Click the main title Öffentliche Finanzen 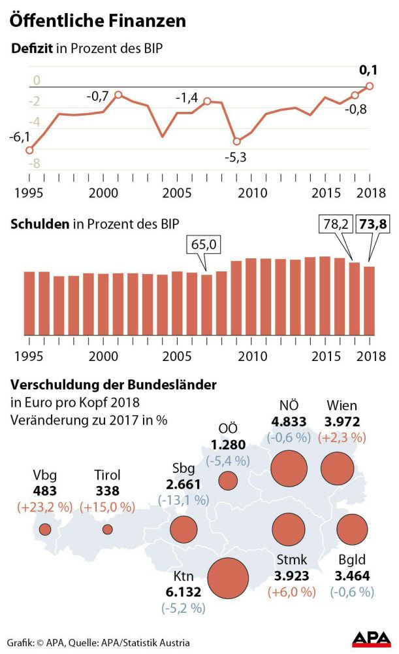pyautogui.click(x=97, y=21)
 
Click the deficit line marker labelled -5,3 pyautogui.click(x=237, y=141)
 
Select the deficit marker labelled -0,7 pyautogui.click(x=118, y=95)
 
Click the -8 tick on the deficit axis pyautogui.click(x=18, y=163)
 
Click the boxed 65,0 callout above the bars pyautogui.click(x=206, y=246)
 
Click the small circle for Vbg pyautogui.click(x=45, y=529)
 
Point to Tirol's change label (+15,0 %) pyautogui.click(x=107, y=507)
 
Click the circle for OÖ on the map pyautogui.click(x=228, y=481)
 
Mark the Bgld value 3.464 pyautogui.click(x=352, y=576)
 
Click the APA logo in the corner pyautogui.click(x=372, y=639)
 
